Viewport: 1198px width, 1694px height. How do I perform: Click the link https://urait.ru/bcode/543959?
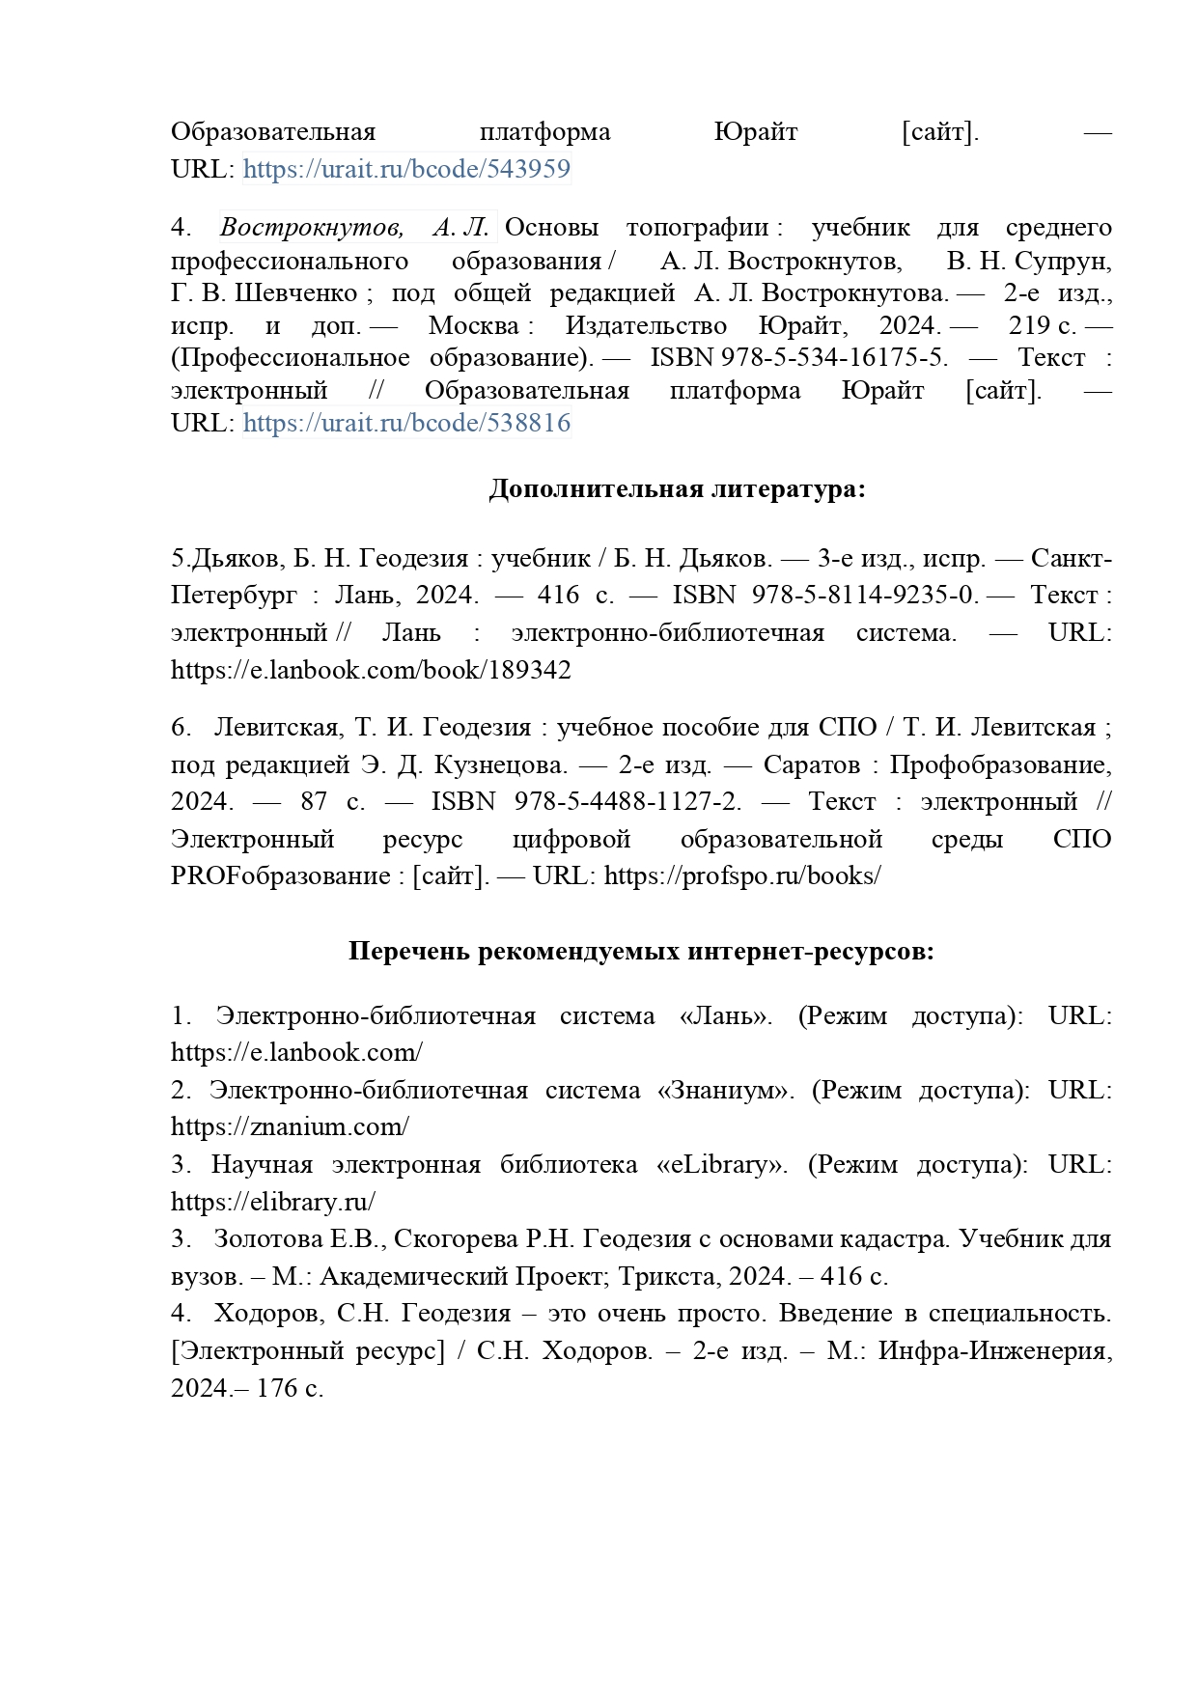pyautogui.click(x=406, y=169)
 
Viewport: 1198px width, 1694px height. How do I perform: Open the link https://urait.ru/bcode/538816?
pyautogui.click(x=406, y=423)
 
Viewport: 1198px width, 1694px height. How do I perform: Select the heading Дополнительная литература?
pyautogui.click(x=677, y=489)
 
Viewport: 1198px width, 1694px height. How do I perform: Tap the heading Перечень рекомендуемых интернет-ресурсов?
pyautogui.click(x=641, y=952)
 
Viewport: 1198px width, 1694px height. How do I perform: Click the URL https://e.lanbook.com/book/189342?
pyautogui.click(x=371, y=670)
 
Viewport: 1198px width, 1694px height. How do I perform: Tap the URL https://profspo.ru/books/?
pyautogui.click(x=742, y=876)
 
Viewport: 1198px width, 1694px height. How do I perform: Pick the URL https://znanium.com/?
pyautogui.click(x=290, y=1126)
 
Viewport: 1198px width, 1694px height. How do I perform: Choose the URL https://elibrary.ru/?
pyautogui.click(x=273, y=1202)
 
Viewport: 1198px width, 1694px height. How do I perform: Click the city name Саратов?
pyautogui.click(x=811, y=765)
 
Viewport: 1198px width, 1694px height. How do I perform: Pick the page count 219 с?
pyautogui.click(x=1042, y=325)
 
